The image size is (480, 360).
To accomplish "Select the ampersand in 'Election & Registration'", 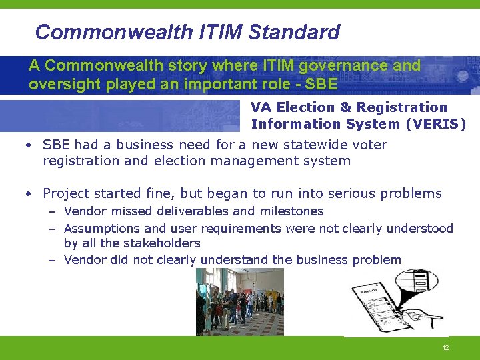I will (345, 107).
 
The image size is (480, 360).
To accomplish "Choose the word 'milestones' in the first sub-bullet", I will (291, 211).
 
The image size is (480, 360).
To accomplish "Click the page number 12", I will (445, 349).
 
